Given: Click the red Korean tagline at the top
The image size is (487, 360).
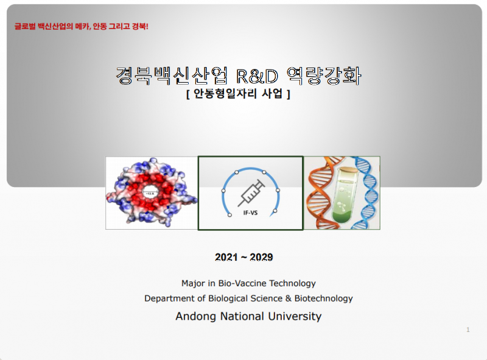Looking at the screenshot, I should point(82,27).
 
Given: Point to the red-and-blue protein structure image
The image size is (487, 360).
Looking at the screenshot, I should point(152,192).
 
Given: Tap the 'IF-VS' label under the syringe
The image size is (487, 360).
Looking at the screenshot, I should point(250,214).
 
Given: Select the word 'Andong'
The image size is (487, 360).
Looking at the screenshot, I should point(195,316).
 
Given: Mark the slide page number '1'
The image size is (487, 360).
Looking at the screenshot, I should point(468,330).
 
